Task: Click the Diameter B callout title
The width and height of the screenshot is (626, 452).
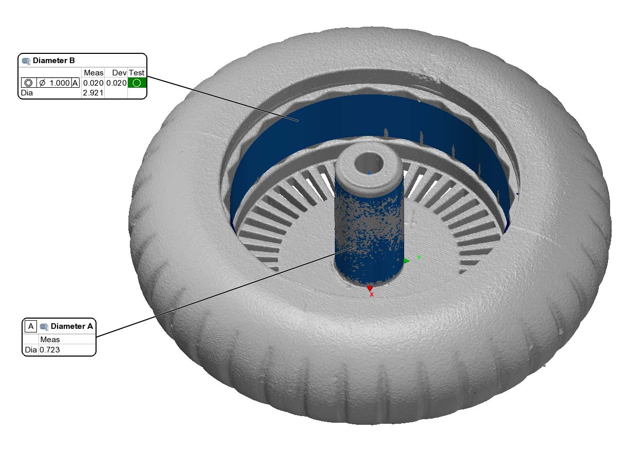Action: [x=53, y=61]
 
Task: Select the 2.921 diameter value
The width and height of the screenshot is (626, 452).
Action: [x=93, y=93]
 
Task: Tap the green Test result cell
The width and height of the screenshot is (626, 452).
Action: [x=137, y=83]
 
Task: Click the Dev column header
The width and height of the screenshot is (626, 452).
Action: [x=119, y=72]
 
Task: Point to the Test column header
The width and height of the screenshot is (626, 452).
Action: [x=137, y=72]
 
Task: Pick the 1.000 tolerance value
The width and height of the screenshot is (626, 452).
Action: [x=59, y=83]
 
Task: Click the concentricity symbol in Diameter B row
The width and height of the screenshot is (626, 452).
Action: [x=28, y=83]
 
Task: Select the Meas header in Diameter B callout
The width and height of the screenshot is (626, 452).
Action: [x=93, y=72]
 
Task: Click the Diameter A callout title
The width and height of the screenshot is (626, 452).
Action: [x=72, y=326]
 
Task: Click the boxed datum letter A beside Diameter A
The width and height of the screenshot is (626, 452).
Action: [x=31, y=326]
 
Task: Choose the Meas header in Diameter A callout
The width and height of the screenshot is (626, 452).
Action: [x=50, y=339]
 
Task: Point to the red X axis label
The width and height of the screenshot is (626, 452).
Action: [x=371, y=294]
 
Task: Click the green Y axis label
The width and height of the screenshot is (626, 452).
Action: [x=419, y=258]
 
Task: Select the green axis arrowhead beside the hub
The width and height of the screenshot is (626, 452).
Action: [x=407, y=261]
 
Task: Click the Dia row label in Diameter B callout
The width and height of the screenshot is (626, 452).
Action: [x=26, y=93]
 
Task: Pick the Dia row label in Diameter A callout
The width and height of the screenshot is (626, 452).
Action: [x=30, y=350]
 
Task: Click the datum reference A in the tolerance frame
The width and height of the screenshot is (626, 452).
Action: [x=75, y=83]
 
